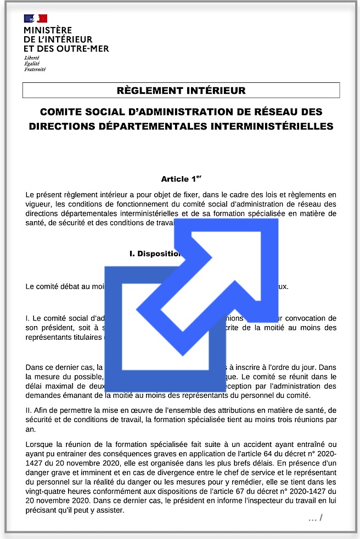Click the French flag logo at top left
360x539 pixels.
click(x=35, y=18)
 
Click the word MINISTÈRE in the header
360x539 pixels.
click(x=48, y=30)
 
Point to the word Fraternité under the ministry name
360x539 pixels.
click(x=35, y=70)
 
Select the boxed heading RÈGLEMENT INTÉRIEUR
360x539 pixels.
click(x=181, y=90)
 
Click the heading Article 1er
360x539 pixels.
click(x=178, y=179)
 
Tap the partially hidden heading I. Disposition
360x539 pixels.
click(x=155, y=254)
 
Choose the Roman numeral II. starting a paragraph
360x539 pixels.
click(x=30, y=411)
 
